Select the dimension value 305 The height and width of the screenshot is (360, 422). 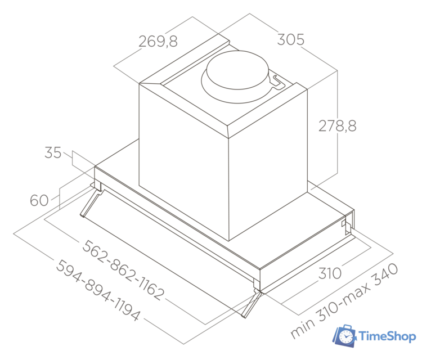[x=290, y=40]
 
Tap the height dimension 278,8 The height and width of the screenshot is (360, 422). [x=338, y=126]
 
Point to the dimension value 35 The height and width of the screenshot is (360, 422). [x=53, y=153]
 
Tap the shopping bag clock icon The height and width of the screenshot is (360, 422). [x=344, y=336]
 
